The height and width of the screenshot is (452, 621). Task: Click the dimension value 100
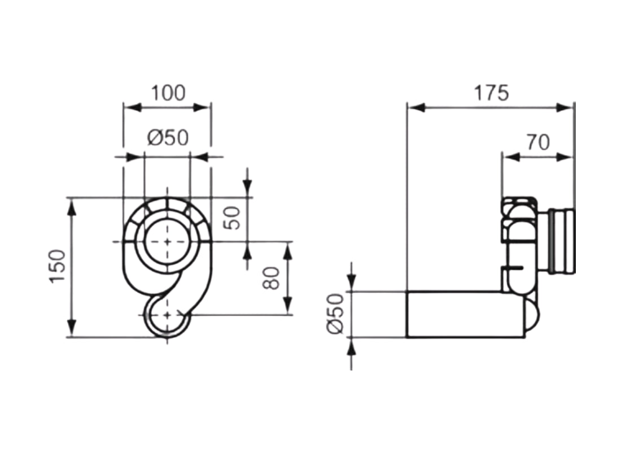tap(168, 93)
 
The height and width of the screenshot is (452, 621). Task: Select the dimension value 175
tap(490, 93)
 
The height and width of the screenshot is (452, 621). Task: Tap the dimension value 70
tap(537, 142)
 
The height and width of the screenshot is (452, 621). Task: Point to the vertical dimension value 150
tap(58, 266)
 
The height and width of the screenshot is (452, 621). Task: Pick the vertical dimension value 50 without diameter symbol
tap(233, 217)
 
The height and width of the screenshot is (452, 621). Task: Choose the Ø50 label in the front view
tap(167, 137)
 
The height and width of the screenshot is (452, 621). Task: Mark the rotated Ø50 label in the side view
tap(335, 314)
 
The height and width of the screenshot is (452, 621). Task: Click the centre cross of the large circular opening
tap(167, 241)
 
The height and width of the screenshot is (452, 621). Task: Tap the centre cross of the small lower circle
tap(167, 315)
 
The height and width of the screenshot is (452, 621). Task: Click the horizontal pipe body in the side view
tap(463, 315)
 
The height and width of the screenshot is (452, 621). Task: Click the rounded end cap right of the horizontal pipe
tap(532, 316)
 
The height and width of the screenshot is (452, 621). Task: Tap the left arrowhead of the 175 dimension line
tap(415, 107)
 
